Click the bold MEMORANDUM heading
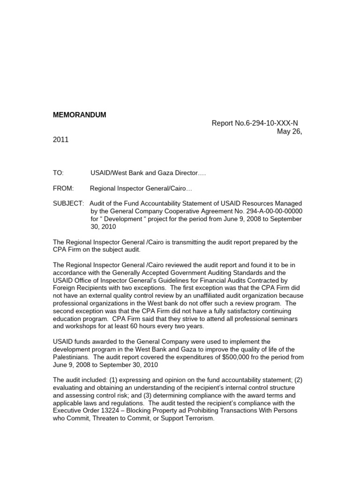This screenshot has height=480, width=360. click(80, 115)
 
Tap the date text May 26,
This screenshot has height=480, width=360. click(290, 132)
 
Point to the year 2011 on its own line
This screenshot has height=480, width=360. click(60, 140)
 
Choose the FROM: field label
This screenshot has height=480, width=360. click(63, 188)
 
